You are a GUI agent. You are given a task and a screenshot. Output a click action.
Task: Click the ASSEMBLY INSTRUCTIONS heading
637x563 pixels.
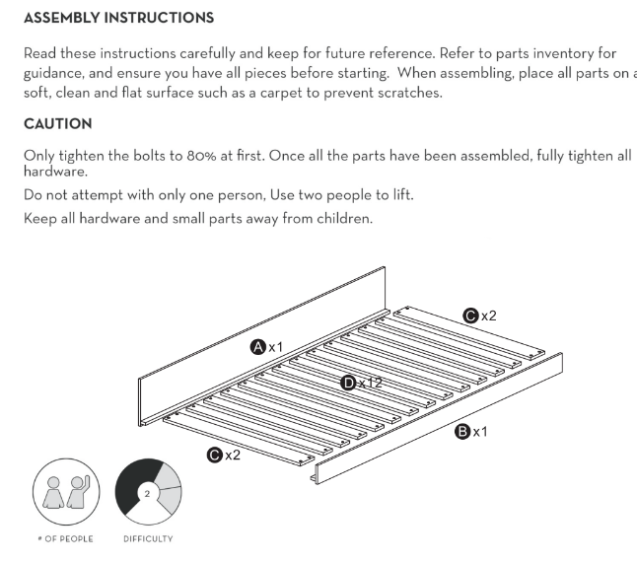(118, 18)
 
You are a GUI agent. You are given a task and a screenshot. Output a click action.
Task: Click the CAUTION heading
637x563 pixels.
(58, 124)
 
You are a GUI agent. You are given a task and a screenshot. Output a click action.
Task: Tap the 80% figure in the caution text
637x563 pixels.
(201, 156)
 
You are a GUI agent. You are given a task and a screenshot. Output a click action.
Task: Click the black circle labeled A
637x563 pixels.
(258, 347)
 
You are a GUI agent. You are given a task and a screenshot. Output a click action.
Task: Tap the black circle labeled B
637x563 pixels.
(462, 432)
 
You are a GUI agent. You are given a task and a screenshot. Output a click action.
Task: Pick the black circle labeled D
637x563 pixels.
(348, 383)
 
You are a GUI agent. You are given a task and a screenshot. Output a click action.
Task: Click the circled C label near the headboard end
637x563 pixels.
(470, 316)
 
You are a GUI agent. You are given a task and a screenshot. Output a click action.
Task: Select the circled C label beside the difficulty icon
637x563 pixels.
(215, 455)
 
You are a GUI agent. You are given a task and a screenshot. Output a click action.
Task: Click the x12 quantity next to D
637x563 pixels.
(371, 383)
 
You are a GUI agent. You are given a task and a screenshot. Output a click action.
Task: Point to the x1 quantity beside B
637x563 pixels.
(480, 432)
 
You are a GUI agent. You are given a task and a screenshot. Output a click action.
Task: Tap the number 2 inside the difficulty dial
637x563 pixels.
(147, 494)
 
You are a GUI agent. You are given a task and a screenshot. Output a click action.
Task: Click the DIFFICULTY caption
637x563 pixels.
(148, 539)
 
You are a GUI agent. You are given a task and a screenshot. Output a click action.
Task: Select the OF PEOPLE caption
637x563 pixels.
(69, 539)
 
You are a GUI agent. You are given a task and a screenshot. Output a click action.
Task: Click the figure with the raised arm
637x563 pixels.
(79, 491)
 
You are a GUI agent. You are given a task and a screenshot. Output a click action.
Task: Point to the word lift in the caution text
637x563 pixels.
(402, 195)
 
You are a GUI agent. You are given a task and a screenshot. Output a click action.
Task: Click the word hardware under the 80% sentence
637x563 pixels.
(55, 172)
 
